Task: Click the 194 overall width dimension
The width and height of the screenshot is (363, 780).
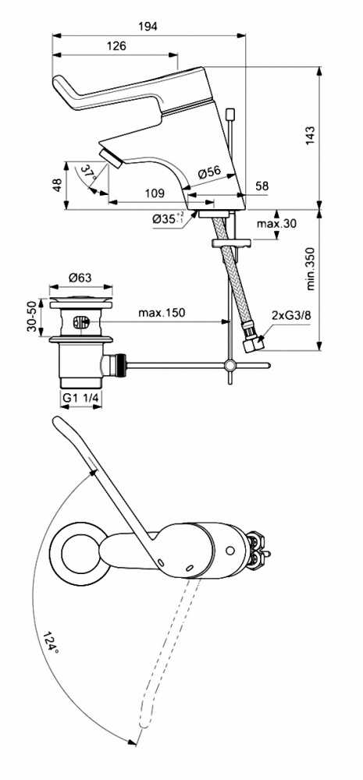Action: tap(148, 27)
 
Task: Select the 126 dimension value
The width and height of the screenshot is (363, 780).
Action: tap(116, 46)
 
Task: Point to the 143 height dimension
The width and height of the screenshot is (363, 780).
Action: tap(311, 135)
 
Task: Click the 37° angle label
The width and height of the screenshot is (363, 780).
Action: tap(89, 173)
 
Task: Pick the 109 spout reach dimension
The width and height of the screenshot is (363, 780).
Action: tap(155, 193)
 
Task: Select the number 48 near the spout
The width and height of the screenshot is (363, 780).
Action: tap(58, 185)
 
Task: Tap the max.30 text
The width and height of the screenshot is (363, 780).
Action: tap(276, 223)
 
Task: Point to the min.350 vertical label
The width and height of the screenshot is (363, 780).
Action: tap(311, 268)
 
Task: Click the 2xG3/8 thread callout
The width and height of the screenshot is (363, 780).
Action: tap(292, 314)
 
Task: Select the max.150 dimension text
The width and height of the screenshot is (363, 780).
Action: tap(162, 313)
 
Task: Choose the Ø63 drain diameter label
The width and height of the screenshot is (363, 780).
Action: tap(80, 278)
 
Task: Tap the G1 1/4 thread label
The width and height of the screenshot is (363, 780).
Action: tap(80, 398)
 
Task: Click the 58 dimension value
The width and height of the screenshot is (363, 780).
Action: tap(262, 186)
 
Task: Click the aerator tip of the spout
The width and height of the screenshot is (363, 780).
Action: tap(111, 158)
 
